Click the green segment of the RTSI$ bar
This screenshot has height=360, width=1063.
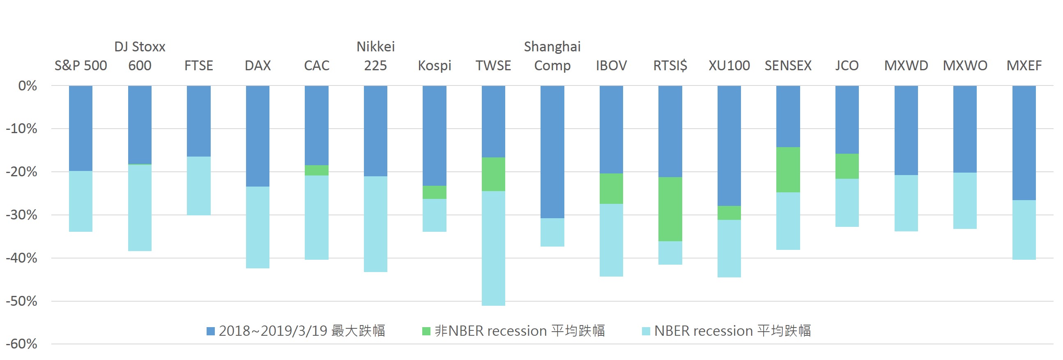tap(670, 209)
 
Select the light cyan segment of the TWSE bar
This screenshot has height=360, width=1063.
tap(493, 248)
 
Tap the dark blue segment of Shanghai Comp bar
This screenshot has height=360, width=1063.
tap(552, 152)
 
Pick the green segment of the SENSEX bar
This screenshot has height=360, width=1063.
tap(788, 169)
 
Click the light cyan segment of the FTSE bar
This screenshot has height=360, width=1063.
tap(198, 185)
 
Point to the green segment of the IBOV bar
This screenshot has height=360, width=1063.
tap(611, 188)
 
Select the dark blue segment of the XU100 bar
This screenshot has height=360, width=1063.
tap(729, 145)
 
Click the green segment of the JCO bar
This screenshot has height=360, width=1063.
tap(847, 166)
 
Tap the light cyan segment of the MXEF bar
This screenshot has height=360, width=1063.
tap(1024, 230)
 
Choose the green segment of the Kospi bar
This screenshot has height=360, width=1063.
tap(434, 192)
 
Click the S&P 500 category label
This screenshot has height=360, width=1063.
tap(81, 66)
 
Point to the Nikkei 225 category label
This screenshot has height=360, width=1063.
tap(375, 56)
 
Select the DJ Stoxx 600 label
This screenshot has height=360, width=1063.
tap(140, 56)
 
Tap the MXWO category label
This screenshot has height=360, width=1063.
tap(965, 66)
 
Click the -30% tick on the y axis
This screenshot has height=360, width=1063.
tap(21, 215)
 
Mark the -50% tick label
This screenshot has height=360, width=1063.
tap(21, 301)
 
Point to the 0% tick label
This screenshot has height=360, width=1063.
tap(27, 86)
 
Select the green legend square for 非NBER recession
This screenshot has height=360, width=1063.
tap(426, 331)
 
